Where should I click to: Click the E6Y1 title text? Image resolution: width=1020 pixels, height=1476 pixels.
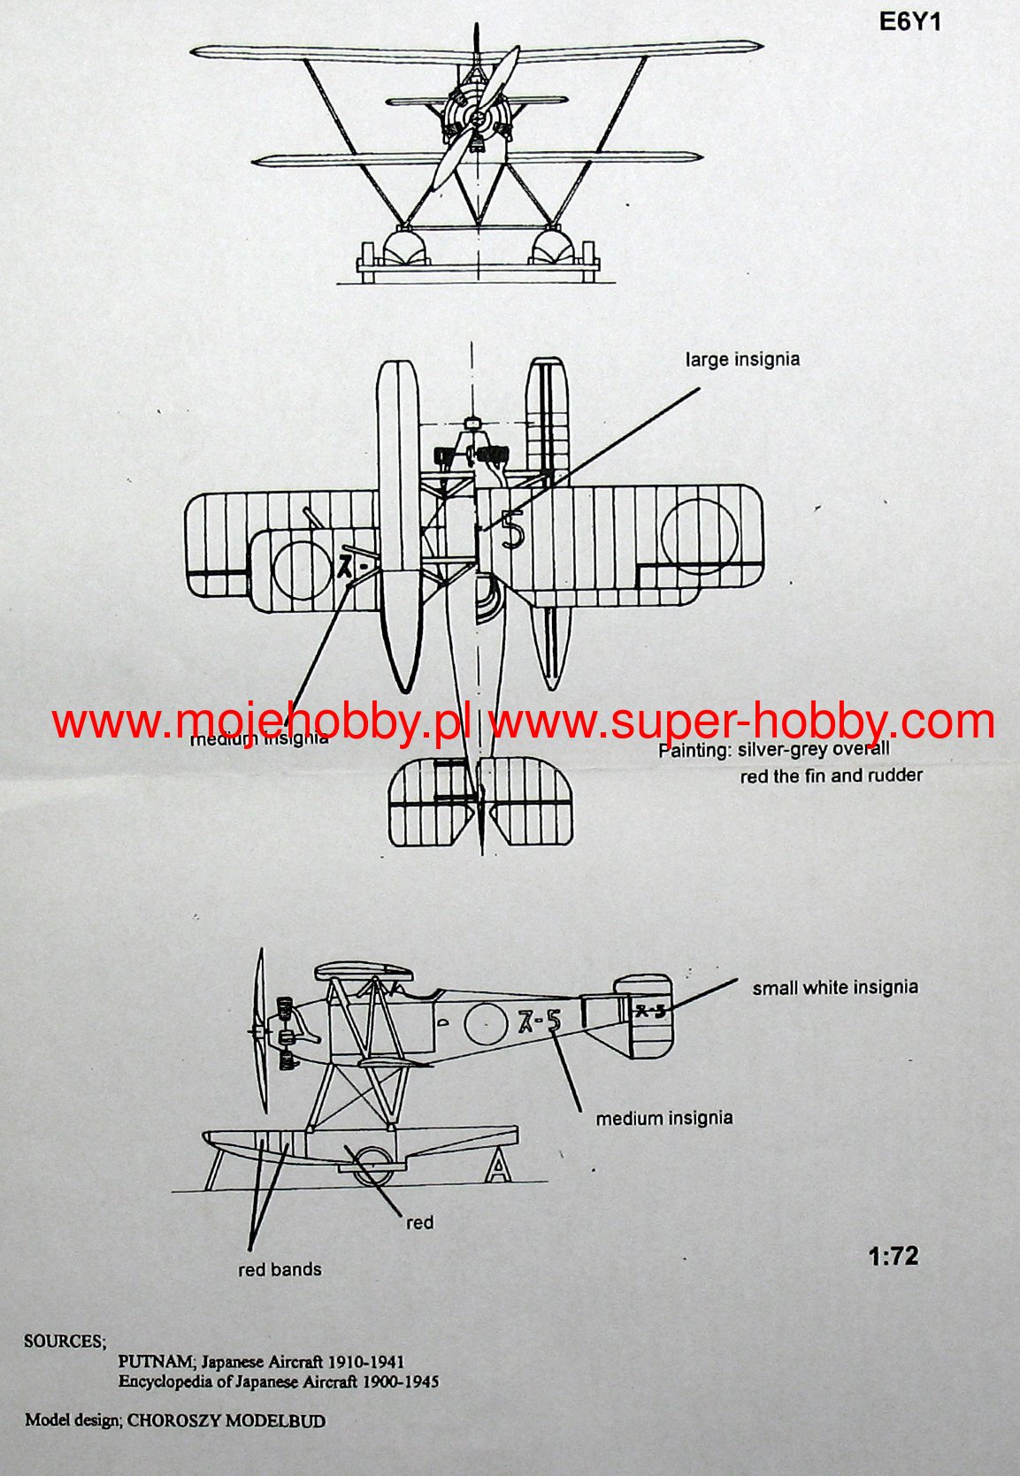[909, 23]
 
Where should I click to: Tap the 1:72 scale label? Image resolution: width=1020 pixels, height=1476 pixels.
[893, 1256]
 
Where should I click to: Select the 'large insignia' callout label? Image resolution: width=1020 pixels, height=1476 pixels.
[742, 359]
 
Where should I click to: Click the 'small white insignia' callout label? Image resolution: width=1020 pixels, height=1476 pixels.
[835, 987]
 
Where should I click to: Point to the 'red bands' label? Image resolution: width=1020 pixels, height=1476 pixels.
[280, 1269]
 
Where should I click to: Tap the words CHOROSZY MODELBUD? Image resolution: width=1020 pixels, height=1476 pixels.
[226, 1421]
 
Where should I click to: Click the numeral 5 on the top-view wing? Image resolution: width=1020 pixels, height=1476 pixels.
[512, 530]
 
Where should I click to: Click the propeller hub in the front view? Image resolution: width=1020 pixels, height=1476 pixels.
[477, 119]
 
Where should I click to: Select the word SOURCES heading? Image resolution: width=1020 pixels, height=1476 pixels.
[65, 1341]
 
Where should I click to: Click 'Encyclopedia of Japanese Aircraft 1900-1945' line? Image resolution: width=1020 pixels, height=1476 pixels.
[279, 1381]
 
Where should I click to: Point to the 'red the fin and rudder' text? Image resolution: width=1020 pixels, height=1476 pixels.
[831, 776]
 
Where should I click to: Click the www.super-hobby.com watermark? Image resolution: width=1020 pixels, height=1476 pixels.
[741, 722]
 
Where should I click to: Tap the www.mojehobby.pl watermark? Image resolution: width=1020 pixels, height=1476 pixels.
[260, 722]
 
